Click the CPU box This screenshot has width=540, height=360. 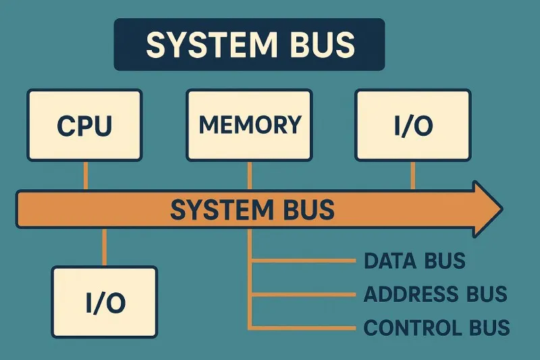(84, 126)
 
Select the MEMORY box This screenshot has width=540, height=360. (249, 125)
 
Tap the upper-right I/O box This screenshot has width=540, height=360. (413, 126)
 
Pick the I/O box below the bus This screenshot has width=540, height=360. (105, 302)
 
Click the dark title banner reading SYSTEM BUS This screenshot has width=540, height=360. (249, 45)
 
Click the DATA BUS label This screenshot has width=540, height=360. (414, 261)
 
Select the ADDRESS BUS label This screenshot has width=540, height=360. (435, 294)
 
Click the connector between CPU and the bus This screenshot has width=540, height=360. (85, 176)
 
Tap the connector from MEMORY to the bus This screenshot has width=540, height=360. (249, 176)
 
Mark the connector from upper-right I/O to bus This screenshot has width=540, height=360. (413, 176)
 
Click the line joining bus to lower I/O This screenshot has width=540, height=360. (103, 247)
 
